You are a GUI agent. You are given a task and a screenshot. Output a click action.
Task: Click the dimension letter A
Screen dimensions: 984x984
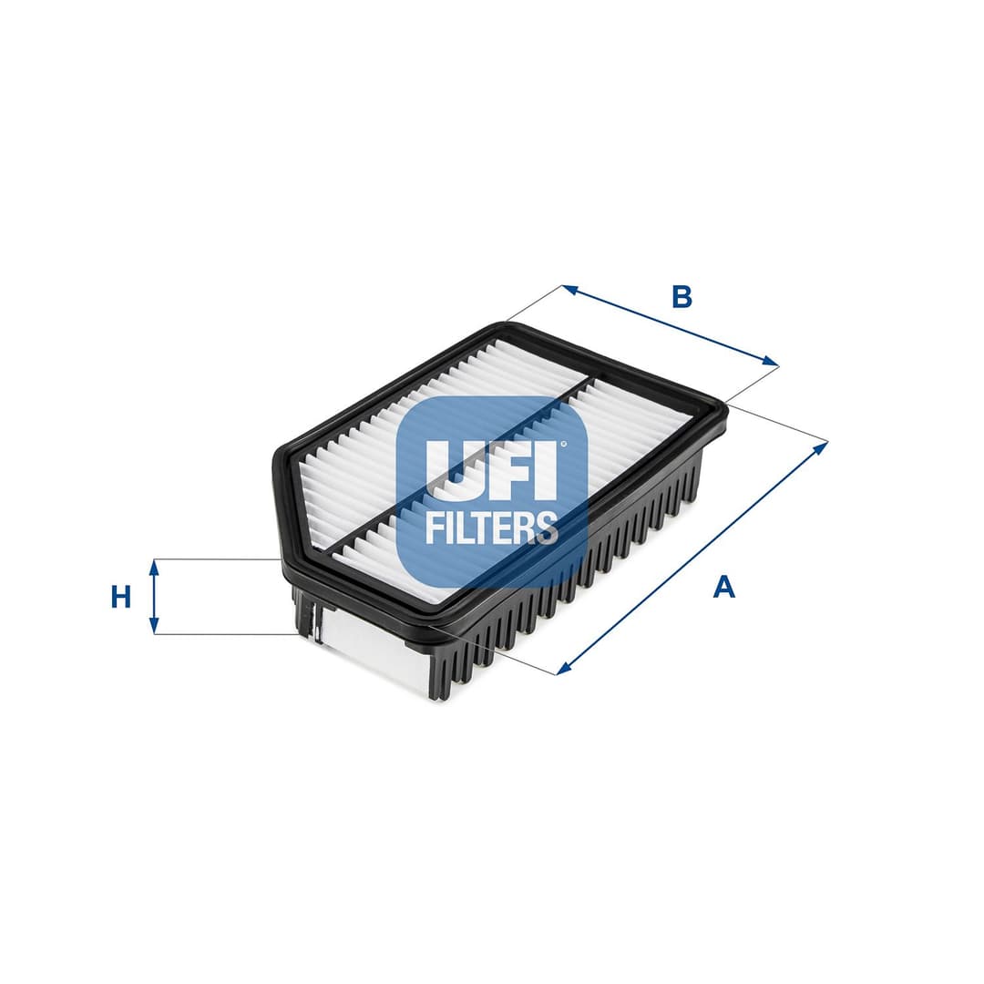coord(723,587)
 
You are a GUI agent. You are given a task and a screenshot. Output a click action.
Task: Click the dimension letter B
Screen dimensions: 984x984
coord(682,296)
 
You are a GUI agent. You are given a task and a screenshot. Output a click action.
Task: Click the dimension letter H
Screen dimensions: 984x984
coord(121,597)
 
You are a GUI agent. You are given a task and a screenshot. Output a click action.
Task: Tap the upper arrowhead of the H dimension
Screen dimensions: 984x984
coord(154,566)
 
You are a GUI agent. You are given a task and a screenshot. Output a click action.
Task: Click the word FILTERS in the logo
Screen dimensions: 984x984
coord(491,528)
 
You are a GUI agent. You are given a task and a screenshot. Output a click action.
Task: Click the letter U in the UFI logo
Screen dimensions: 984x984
coord(449,470)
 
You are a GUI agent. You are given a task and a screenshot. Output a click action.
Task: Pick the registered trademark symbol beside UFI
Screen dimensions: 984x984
coord(563,445)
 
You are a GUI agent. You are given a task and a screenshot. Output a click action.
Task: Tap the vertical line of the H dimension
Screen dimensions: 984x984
coord(154,597)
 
